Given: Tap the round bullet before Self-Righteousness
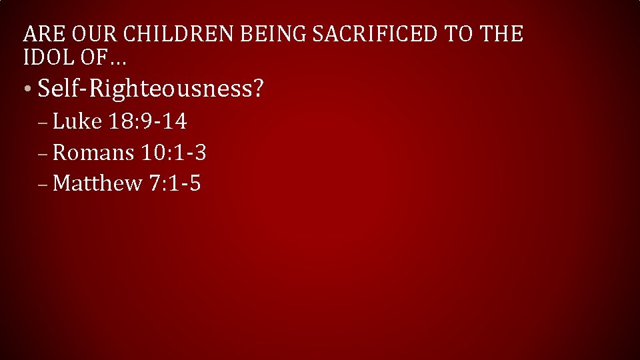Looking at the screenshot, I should point(26,90).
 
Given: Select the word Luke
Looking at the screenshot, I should point(77,121).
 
